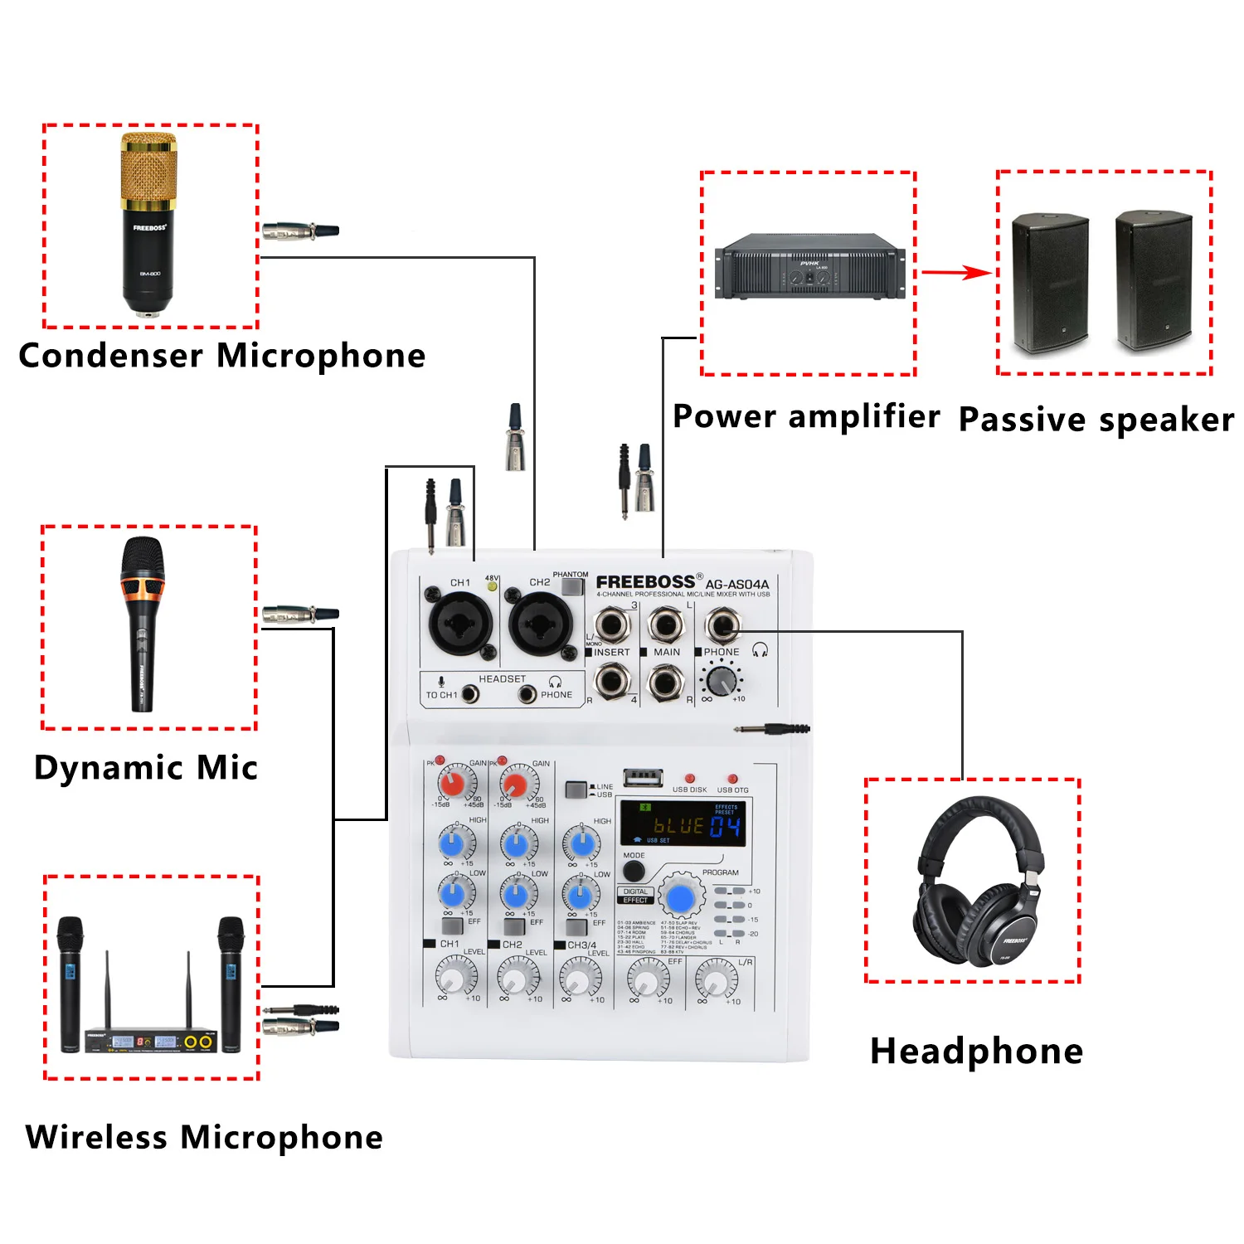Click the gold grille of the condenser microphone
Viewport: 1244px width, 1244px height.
[148, 170]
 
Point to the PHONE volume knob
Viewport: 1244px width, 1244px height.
[722, 681]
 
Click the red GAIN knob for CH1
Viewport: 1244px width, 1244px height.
[453, 782]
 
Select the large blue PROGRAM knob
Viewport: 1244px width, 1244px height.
[681, 898]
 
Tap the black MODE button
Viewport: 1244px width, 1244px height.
[634, 872]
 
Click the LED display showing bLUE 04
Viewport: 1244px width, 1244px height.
[683, 824]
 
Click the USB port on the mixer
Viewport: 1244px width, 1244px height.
[643, 778]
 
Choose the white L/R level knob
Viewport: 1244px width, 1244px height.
[715, 981]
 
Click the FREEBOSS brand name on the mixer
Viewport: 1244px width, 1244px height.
[645, 582]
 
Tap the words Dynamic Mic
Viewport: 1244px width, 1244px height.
[146, 768]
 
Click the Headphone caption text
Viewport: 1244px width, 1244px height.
[976, 1052]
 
